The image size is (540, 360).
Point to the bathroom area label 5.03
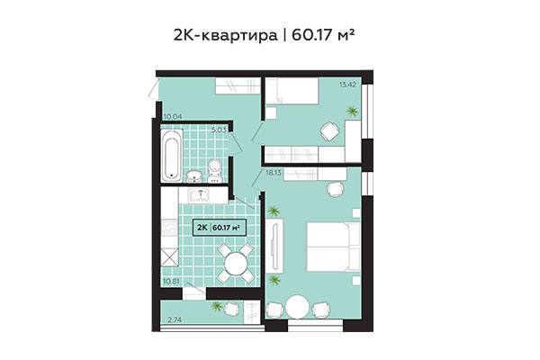point(218,130)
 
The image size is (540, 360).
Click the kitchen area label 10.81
point(172,282)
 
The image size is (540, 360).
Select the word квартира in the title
point(230,35)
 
